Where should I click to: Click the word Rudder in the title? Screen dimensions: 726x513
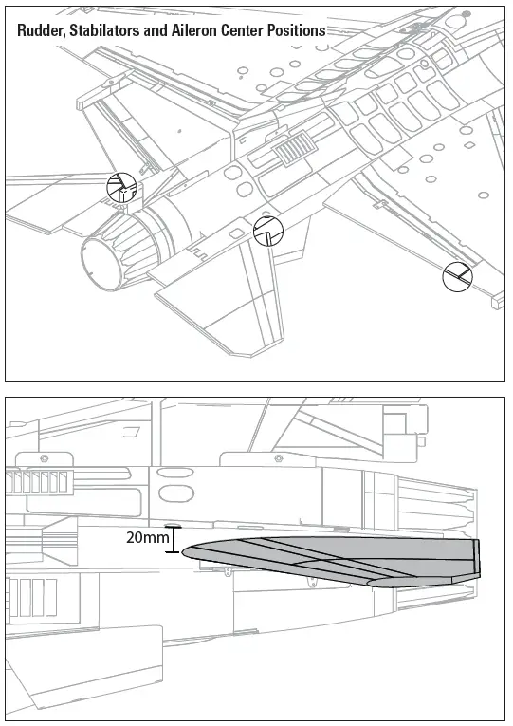pyautogui.click(x=39, y=30)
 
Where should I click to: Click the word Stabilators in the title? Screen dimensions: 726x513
pyautogui.click(x=106, y=30)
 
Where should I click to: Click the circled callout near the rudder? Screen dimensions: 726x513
pyautogui.click(x=121, y=188)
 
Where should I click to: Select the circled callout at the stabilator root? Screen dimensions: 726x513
pyautogui.click(x=268, y=231)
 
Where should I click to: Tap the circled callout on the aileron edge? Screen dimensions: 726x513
pyautogui.click(x=457, y=276)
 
